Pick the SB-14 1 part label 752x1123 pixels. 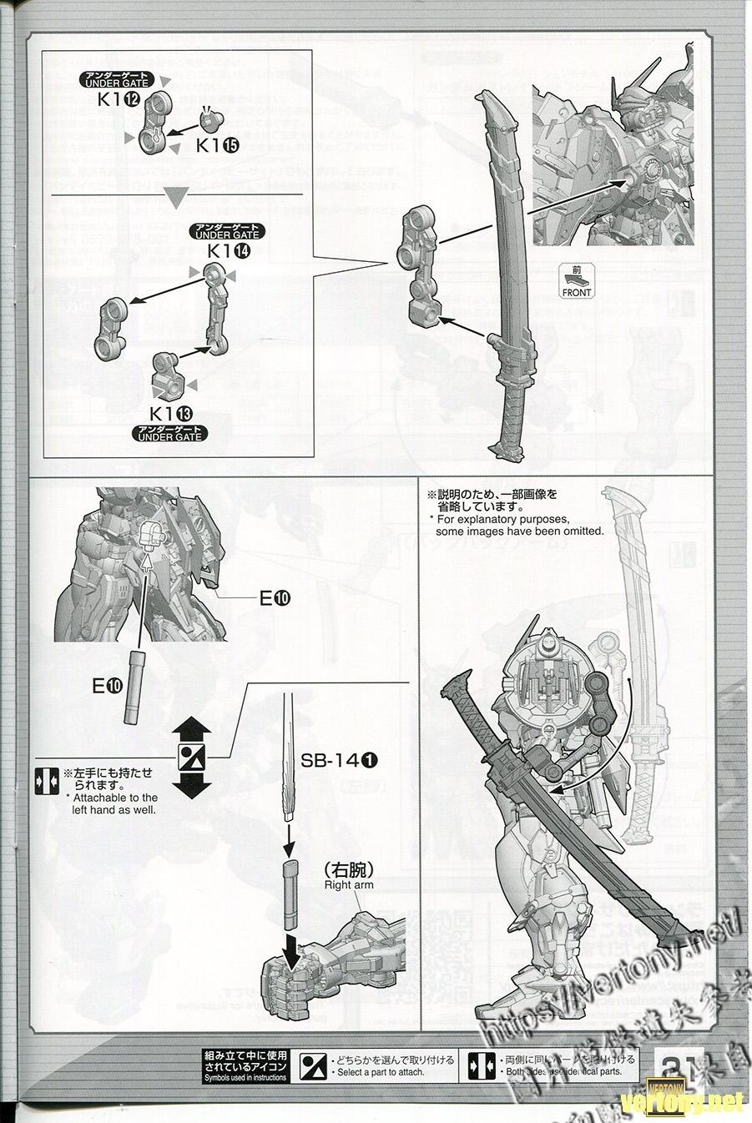click(340, 759)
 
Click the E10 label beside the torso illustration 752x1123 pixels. click(275, 597)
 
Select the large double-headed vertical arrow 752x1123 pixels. click(193, 757)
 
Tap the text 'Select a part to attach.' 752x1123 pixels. click(381, 1072)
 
